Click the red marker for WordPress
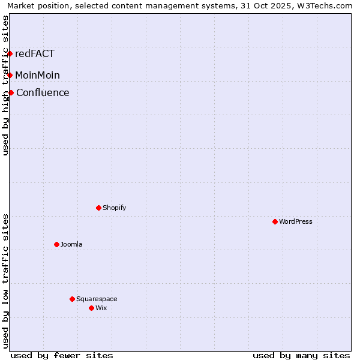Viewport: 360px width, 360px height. pyautogui.click(x=275, y=221)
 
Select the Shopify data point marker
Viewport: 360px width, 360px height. pyautogui.click(x=98, y=208)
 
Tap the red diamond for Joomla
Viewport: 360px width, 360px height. pyautogui.click(x=56, y=244)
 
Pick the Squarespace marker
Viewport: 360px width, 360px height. pyautogui.click(x=72, y=299)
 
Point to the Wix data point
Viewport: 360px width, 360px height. pyautogui.click(x=91, y=308)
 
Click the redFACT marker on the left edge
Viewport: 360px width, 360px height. pyautogui.click(x=10, y=53)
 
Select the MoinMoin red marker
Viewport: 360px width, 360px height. pyautogui.click(x=10, y=75)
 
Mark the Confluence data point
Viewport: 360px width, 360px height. pyautogui.click(x=11, y=92)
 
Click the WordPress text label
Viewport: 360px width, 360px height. pyautogui.click(x=296, y=221)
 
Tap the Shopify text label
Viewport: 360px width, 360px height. pyautogui.click(x=115, y=208)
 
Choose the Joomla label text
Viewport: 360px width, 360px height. pyautogui.click(x=71, y=244)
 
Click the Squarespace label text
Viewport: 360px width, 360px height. pyautogui.click(x=97, y=299)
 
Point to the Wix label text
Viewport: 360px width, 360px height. pyautogui.click(x=101, y=308)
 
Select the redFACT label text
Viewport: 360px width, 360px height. pyautogui.click(x=35, y=53)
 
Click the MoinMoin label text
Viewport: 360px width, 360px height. pyautogui.click(x=37, y=75)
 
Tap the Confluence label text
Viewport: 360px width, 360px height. pyautogui.click(x=43, y=92)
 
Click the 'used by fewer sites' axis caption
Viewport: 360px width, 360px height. pyautogui.click(x=62, y=355)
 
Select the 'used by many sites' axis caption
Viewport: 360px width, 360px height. pyautogui.click(x=301, y=355)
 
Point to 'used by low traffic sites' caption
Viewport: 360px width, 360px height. pyautogui.click(x=6, y=281)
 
